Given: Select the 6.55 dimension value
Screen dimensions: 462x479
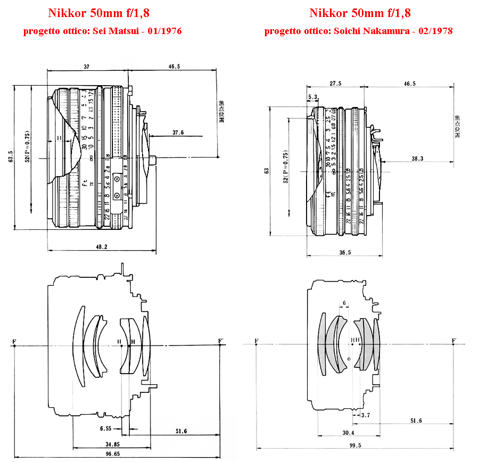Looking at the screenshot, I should (x=106, y=428).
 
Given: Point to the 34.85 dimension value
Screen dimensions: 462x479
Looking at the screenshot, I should (x=112, y=443).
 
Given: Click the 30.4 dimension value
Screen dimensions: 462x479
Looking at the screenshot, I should (x=349, y=433).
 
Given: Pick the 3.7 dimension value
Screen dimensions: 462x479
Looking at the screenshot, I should (x=366, y=414).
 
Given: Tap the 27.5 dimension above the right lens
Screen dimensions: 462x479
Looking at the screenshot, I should (x=335, y=84).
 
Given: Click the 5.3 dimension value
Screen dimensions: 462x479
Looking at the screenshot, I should (x=312, y=97).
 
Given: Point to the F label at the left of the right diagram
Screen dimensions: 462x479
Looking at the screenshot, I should (x=257, y=340).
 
